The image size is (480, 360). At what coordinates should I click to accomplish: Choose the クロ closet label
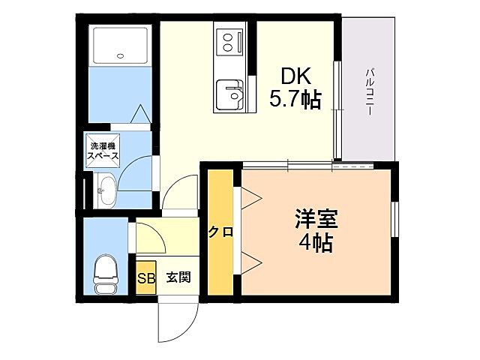point(220,232)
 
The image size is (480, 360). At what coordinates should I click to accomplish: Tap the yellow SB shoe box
point(145,277)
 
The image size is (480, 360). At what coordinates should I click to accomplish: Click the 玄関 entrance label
point(178,277)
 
